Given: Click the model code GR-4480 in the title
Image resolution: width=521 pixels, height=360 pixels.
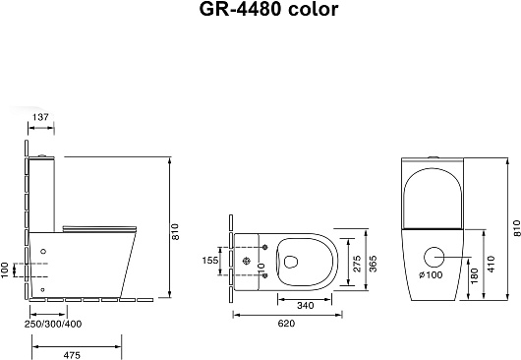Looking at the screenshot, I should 228,12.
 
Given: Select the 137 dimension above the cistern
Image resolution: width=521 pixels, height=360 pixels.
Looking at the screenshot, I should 40,118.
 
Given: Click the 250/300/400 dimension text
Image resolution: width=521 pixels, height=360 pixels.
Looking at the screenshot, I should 54,323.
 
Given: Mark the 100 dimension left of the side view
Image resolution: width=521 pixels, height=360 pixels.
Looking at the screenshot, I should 5,269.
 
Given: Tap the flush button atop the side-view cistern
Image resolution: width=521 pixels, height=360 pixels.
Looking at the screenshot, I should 46,155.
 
